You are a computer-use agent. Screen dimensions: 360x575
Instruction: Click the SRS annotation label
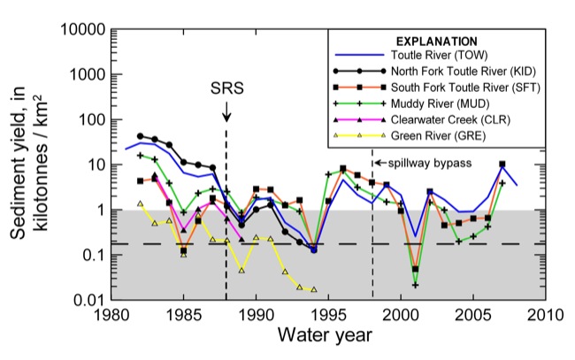(226, 88)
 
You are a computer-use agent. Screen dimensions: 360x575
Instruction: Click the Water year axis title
(327, 337)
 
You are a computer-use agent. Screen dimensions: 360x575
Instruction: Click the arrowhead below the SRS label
(226, 118)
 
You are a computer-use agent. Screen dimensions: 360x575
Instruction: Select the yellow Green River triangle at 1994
(314, 289)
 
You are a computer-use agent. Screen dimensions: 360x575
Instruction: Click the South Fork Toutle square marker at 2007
(502, 164)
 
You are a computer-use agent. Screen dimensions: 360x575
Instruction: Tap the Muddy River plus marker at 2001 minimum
(415, 285)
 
